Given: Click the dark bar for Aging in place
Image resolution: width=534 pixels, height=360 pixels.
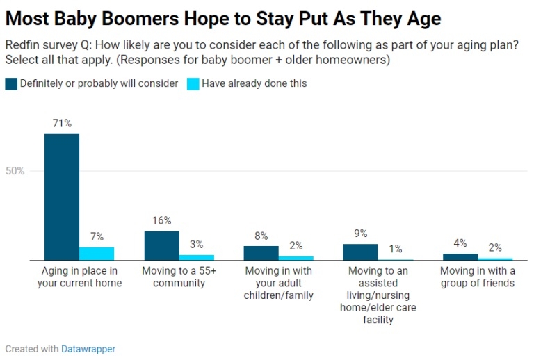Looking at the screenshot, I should point(62,197).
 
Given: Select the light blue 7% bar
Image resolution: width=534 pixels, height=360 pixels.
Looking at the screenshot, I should point(97,254).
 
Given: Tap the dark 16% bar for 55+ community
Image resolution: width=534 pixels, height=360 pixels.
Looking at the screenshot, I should point(161,245).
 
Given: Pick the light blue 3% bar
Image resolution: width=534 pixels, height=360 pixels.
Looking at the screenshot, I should point(197,257).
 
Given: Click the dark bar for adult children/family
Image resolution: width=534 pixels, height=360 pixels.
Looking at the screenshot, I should point(261,253).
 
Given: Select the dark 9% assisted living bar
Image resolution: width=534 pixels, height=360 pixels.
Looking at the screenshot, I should point(360,252).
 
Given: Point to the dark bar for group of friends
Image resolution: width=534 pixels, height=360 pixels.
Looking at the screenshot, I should point(460,256).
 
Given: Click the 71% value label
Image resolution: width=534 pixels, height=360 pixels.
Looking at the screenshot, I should point(62,123).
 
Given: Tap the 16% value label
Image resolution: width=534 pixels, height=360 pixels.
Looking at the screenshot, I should point(161,220).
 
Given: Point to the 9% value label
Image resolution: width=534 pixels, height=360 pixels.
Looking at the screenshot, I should point(360,234).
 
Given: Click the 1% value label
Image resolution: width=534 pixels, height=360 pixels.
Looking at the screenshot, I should point(395,249).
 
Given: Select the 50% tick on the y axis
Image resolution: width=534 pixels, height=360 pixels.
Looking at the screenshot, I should point(15,171).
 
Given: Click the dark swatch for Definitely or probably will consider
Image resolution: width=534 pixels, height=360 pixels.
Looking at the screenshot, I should point(11,84).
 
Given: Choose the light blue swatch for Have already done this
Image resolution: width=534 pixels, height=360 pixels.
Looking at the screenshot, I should point(193,84).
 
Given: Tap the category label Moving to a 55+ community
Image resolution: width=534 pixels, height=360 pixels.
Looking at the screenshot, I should point(179,277).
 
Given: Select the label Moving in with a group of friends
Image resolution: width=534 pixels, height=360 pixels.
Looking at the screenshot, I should point(478,277).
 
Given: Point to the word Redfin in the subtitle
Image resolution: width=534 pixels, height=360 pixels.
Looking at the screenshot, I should point(22,45).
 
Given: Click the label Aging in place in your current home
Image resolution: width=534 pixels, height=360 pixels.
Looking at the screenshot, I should point(80,277).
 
